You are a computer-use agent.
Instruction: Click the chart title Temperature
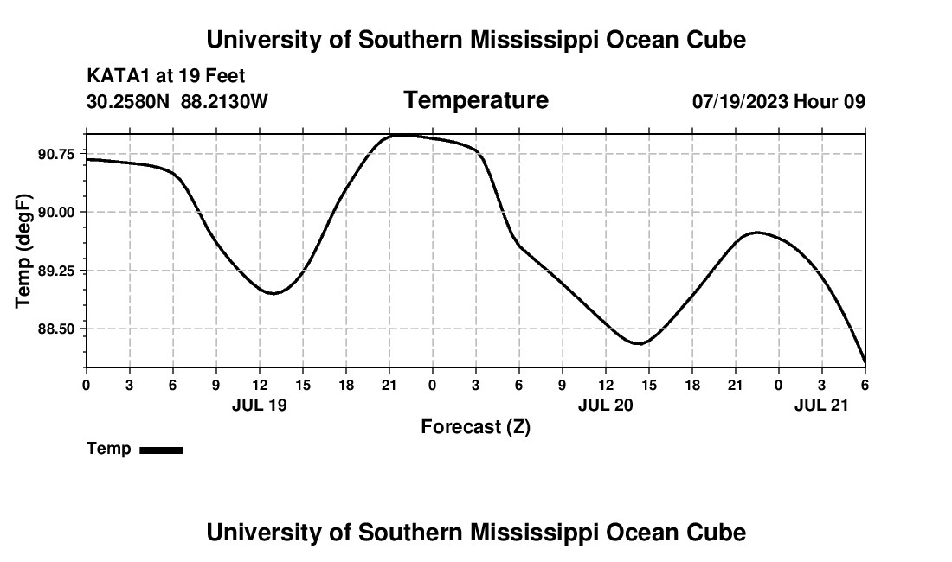click(476, 100)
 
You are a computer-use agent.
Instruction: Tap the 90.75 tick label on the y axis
click(56, 154)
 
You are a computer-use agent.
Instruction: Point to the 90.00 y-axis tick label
click(56, 213)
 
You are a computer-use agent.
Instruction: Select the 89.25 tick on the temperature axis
click(56, 271)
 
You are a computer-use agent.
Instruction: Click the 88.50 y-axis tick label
click(56, 329)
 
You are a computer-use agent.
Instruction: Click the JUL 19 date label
click(260, 404)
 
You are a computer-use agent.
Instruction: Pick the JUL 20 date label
click(606, 404)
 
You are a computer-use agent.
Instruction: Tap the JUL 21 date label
click(822, 404)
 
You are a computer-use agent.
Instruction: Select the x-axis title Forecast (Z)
click(476, 426)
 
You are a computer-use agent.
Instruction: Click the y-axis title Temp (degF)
click(24, 251)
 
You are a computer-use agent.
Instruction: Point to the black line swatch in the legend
click(161, 450)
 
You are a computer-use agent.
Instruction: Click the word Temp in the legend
click(109, 449)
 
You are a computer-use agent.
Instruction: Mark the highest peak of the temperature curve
click(400, 135)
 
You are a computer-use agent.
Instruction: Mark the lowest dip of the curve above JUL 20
click(640, 344)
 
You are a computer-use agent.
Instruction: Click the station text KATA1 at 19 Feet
click(166, 77)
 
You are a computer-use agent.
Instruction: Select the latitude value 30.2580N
click(129, 102)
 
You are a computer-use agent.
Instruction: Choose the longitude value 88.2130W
click(225, 102)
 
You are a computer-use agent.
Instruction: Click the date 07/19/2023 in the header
click(740, 102)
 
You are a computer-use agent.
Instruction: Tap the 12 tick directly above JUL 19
click(260, 384)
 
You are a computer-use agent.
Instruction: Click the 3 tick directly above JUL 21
click(822, 384)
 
